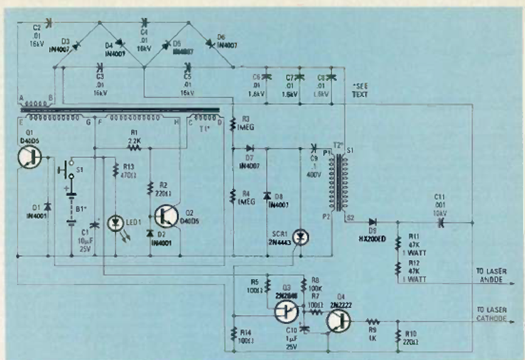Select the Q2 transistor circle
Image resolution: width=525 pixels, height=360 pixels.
165,216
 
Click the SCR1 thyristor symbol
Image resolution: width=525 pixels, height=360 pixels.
299,237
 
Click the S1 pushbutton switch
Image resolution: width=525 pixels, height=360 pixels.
68,169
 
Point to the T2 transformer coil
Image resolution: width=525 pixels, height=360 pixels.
335,182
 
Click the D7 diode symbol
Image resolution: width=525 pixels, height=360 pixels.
250,147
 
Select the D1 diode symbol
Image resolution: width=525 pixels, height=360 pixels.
47,206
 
